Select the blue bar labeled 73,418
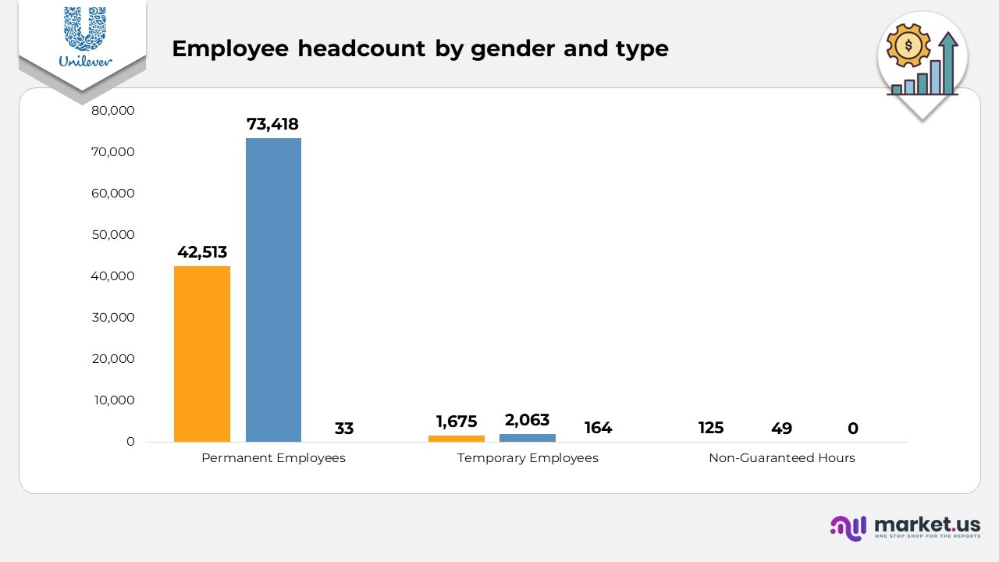273,290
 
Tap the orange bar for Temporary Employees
457,439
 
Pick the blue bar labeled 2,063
528,438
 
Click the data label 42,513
202,252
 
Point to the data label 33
344,429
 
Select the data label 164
599,428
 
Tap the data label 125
711,428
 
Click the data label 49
781,429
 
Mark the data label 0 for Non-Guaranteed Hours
853,429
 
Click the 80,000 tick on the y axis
113,111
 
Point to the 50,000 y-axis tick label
113,235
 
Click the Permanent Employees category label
273,458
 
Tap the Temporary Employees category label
528,458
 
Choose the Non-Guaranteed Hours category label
782,458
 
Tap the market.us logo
905,527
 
